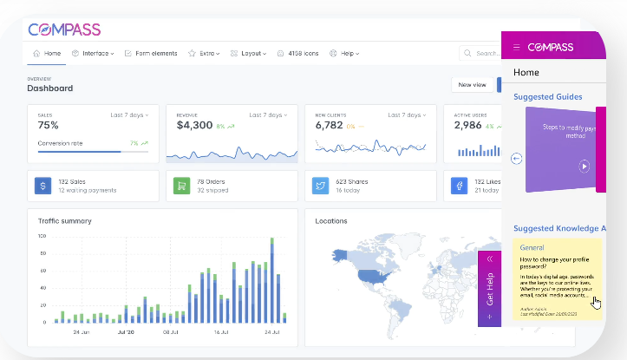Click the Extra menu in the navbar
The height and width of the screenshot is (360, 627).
pyautogui.click(x=205, y=54)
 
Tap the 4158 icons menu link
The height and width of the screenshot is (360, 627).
pyautogui.click(x=297, y=54)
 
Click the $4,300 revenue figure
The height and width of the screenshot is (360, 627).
pyautogui.click(x=194, y=126)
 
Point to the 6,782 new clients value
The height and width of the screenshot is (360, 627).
pyautogui.click(x=329, y=126)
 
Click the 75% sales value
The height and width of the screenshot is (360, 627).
pyautogui.click(x=49, y=126)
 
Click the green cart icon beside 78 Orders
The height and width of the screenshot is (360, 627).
pyautogui.click(x=182, y=186)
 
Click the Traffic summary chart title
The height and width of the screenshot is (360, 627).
pyautogui.click(x=65, y=221)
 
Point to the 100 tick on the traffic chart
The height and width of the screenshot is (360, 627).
pyautogui.click(x=42, y=236)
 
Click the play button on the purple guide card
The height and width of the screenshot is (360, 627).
pyautogui.click(x=585, y=166)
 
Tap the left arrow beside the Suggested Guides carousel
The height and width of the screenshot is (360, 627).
pyautogui.click(x=517, y=159)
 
